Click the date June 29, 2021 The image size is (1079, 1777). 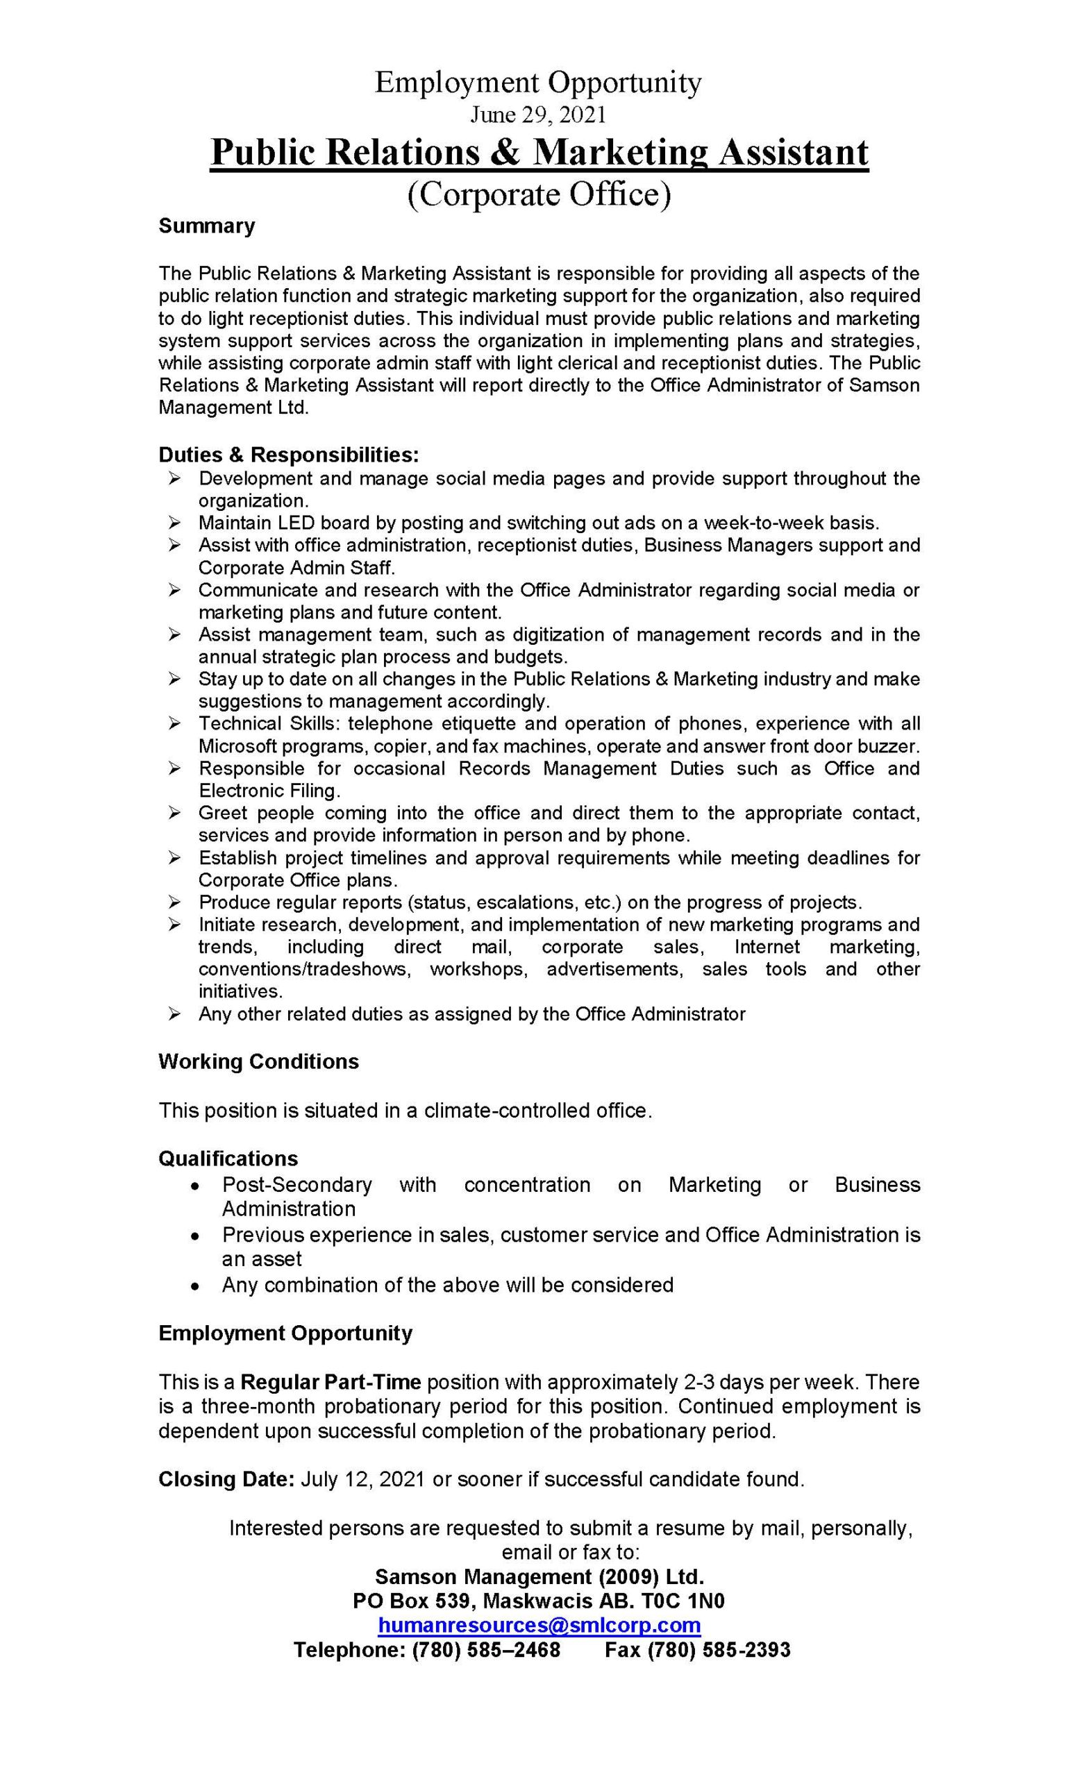coord(538,114)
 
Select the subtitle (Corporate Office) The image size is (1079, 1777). coord(539,195)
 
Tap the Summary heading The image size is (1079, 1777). coord(206,226)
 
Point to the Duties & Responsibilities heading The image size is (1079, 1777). coord(289,455)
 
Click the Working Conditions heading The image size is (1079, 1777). coord(258,1061)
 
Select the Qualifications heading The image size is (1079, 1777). coord(228,1159)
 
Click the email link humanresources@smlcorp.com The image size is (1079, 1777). coord(539,1625)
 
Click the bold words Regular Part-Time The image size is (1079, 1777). coord(331,1382)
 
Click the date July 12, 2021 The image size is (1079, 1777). coord(364,1479)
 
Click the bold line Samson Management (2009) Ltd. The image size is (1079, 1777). coord(539,1576)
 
